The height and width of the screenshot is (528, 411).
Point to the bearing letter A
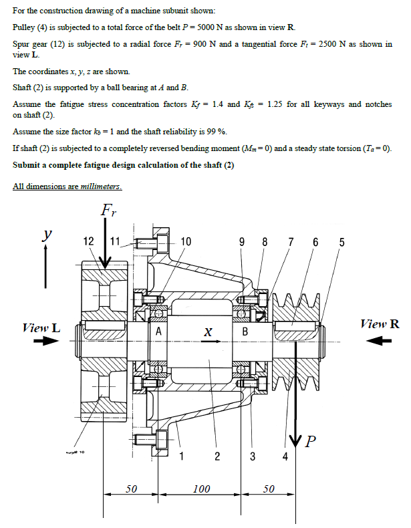tap(158, 332)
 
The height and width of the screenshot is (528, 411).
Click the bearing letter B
tap(245, 332)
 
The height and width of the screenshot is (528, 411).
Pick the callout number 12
tap(88, 242)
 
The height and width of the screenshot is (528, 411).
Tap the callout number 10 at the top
tap(185, 242)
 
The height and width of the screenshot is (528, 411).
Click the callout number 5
tap(341, 242)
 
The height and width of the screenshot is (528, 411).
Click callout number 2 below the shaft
tap(217, 456)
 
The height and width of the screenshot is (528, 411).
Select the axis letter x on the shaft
tap(208, 332)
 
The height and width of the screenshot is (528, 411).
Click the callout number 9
tap(241, 242)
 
